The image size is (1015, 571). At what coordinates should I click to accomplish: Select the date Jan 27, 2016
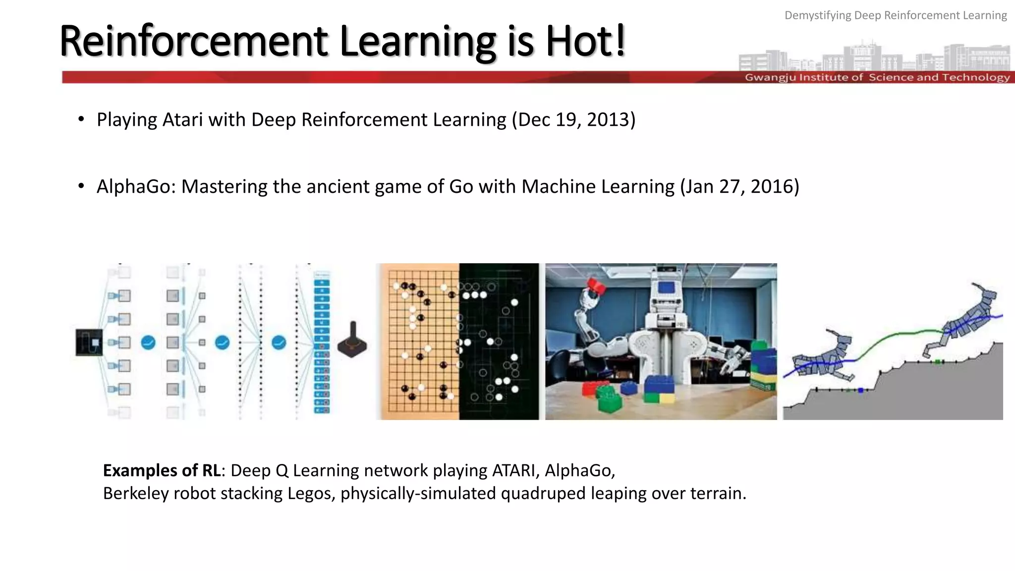coord(739,187)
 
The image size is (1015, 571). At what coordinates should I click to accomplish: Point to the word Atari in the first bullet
coord(182,120)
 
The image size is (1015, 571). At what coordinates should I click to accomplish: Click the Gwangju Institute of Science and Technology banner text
coord(877,77)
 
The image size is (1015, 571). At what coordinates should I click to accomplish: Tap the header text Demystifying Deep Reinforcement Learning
coord(895,15)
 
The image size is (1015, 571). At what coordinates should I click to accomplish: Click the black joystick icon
coord(352,341)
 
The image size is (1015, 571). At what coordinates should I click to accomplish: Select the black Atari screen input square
coord(89,342)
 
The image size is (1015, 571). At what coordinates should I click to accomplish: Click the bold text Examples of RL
coord(162,470)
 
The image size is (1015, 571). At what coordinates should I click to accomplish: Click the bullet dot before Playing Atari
coord(81,119)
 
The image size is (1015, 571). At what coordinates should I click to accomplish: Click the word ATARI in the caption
coord(515,470)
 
